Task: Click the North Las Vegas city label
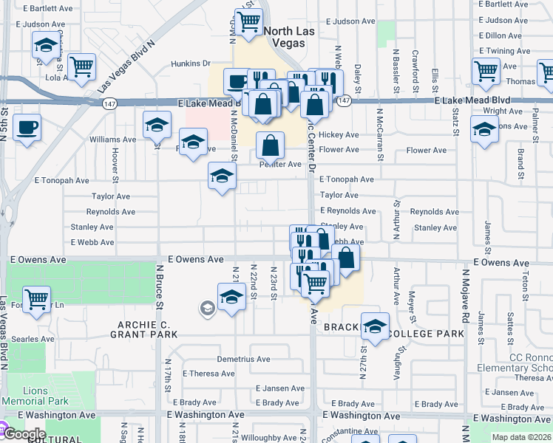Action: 285,36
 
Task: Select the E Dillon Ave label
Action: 500,35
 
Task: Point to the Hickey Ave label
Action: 339,135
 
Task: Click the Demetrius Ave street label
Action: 243,360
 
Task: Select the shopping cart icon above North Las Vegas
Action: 248,22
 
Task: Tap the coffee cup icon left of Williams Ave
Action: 27,127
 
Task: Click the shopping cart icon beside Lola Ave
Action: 81,67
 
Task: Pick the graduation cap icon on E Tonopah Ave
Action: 222,176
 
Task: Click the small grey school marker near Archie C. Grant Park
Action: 208,308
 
